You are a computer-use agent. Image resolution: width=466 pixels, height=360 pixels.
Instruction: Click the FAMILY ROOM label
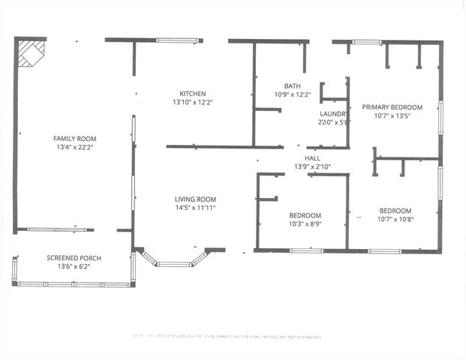pyautogui.click(x=74, y=139)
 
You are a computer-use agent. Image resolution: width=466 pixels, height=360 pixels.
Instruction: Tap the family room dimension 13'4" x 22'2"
pyautogui.click(x=74, y=148)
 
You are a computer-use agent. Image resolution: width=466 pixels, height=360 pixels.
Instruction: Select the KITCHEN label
pyautogui.click(x=192, y=94)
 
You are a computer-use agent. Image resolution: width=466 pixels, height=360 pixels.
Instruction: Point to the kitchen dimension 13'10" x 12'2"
pyautogui.click(x=192, y=102)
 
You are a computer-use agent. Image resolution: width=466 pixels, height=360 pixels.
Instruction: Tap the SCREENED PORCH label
pyautogui.click(x=74, y=258)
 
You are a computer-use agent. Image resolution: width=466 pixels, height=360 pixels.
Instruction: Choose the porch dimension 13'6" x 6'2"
pyautogui.click(x=74, y=266)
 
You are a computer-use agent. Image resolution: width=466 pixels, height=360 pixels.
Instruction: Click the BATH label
pyautogui.click(x=292, y=86)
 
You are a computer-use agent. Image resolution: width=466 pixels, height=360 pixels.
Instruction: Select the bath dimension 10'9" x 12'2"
pyautogui.click(x=292, y=94)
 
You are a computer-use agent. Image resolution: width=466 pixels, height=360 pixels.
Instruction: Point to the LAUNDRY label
pyautogui.click(x=334, y=114)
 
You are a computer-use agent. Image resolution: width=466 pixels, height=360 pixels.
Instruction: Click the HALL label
pyautogui.click(x=302, y=158)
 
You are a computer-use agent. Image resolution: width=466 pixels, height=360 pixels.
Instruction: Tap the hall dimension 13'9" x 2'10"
pyautogui.click(x=310, y=166)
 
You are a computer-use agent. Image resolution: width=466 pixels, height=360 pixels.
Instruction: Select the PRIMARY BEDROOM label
pyautogui.click(x=392, y=107)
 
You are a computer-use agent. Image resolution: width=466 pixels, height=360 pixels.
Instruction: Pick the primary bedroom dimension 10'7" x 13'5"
pyautogui.click(x=392, y=116)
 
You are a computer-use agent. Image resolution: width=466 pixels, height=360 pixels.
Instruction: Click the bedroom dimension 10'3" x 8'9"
pyautogui.click(x=305, y=223)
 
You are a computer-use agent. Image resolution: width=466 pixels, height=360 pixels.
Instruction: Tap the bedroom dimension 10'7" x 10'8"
pyautogui.click(x=395, y=219)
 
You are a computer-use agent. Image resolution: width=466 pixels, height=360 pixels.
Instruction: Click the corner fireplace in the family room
pyautogui.click(x=30, y=52)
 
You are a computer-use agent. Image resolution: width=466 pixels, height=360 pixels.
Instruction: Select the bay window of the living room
pyautogui.click(x=174, y=262)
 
